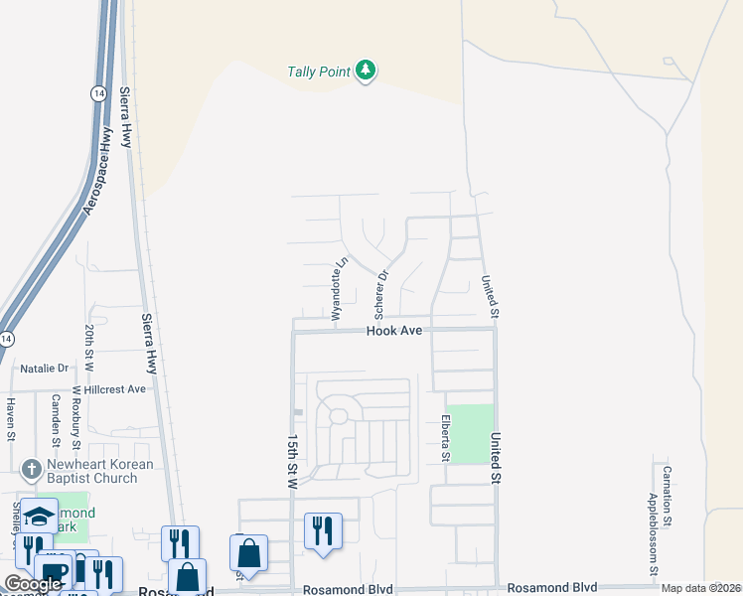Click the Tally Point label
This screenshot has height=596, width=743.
(318, 72)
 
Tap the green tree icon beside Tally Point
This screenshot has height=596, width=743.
(368, 71)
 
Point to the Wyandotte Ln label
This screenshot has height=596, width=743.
(338, 282)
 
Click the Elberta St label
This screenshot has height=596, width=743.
(446, 438)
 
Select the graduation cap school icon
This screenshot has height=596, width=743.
(40, 516)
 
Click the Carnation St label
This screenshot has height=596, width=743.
(669, 495)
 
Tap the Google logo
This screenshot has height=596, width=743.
(32, 584)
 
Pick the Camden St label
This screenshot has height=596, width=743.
(55, 417)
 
